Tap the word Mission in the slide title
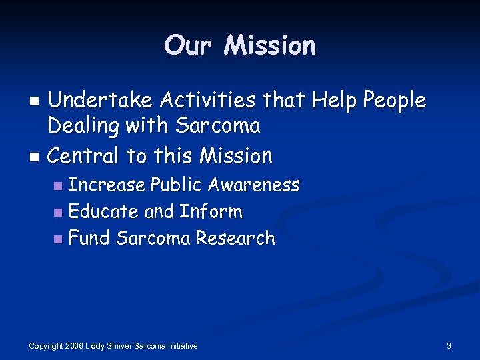click(270, 45)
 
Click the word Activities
click(203, 101)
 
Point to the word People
click(393, 101)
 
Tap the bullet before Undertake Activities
click(37, 102)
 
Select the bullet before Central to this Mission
click(37, 157)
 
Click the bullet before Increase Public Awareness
click(59, 186)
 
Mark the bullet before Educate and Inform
click(59, 213)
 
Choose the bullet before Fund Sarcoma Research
click(59, 239)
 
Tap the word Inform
click(211, 212)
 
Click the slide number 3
click(449, 346)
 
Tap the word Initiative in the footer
click(183, 346)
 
